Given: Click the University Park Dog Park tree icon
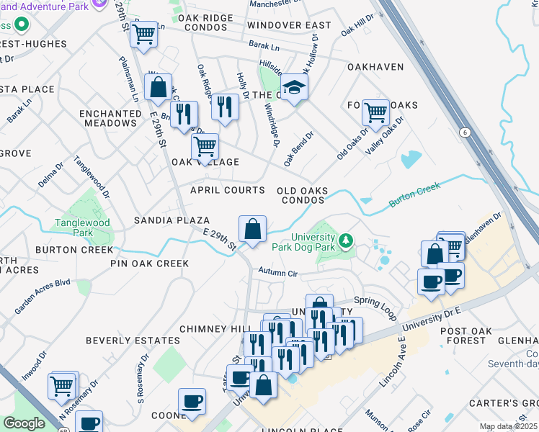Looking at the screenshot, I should pyautogui.click(x=347, y=240).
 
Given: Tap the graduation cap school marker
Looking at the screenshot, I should pyautogui.click(x=293, y=88).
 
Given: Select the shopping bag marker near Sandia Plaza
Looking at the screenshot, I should pyautogui.click(x=252, y=230).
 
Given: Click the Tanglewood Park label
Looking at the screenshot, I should pyautogui.click(x=83, y=228).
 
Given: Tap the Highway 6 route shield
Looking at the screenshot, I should pyautogui.click(x=465, y=132).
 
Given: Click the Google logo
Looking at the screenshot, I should pyautogui.click(x=24, y=423).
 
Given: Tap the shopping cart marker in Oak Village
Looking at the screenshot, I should pyautogui.click(x=205, y=147).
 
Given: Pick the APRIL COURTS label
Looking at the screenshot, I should pyautogui.click(x=227, y=190).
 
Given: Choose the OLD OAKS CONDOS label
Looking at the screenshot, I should pyautogui.click(x=303, y=195).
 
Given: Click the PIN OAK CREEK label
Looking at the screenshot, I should pyautogui.click(x=149, y=264).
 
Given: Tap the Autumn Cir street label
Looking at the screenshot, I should pyautogui.click(x=278, y=274).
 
